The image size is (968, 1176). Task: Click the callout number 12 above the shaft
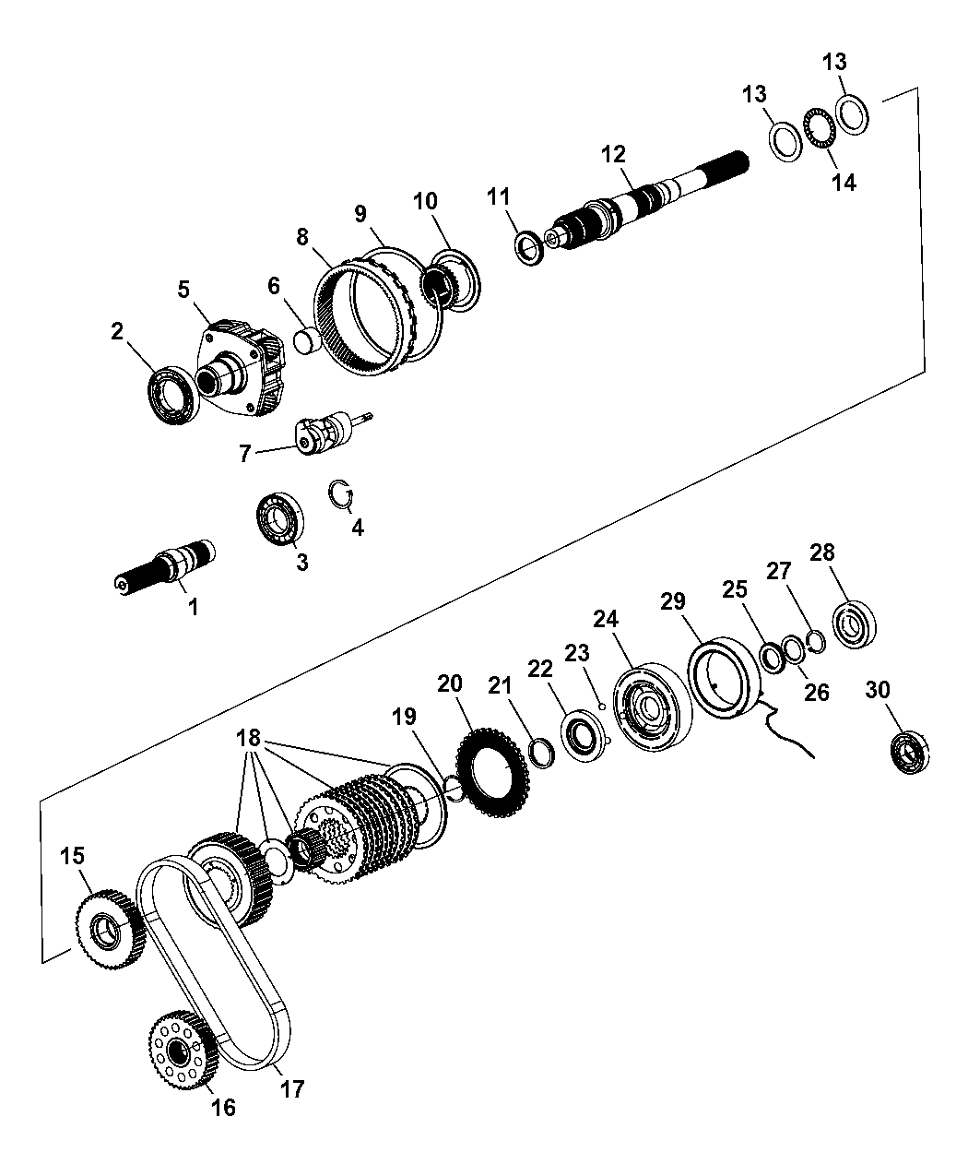(x=614, y=153)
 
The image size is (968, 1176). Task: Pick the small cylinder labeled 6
(x=306, y=339)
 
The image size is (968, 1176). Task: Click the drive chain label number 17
(x=292, y=1089)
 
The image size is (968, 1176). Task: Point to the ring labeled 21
(x=541, y=752)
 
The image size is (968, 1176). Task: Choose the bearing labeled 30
(x=909, y=751)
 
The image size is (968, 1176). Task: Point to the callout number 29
(x=672, y=601)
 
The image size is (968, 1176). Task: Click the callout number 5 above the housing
(x=184, y=290)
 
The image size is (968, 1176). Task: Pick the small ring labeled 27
(x=813, y=638)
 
